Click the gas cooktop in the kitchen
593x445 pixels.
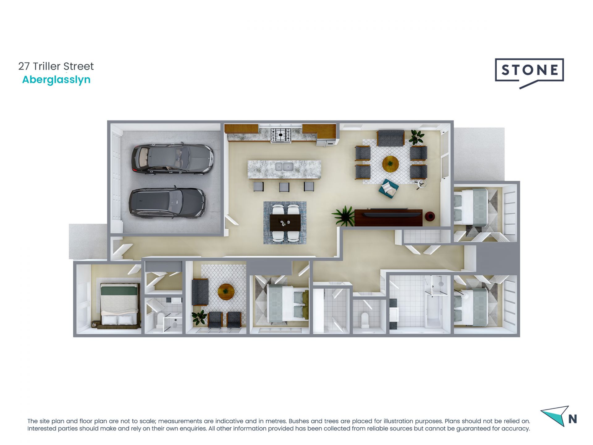280,135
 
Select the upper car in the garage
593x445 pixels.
172,159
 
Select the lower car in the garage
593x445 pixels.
167,203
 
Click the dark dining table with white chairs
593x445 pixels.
285,222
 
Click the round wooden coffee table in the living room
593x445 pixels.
390,164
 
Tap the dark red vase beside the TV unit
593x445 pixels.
430,216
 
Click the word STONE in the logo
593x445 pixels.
529,70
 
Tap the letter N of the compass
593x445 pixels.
572,419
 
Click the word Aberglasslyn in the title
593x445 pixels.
56,80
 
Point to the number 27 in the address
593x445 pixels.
24,66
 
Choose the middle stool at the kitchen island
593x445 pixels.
284,187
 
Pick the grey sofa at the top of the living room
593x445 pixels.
390,138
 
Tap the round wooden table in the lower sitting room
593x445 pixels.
226,292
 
